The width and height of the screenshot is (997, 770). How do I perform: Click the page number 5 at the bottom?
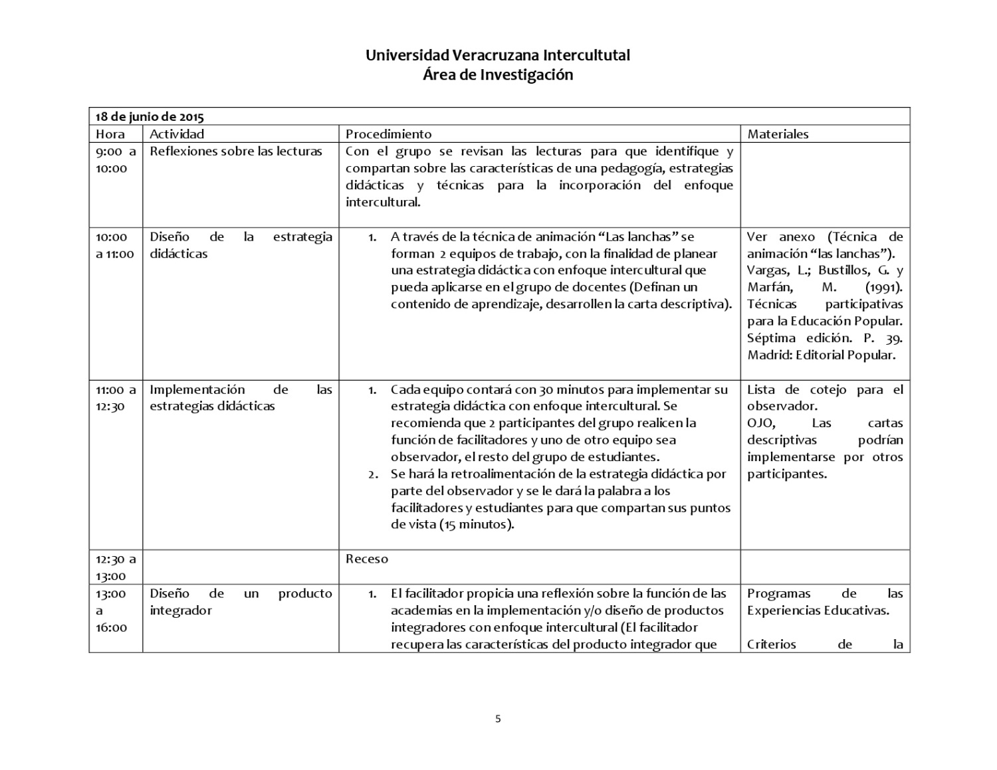pos(498,718)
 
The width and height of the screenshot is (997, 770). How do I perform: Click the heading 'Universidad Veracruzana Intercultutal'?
pos(498,55)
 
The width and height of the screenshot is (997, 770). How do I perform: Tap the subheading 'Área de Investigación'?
pos(498,75)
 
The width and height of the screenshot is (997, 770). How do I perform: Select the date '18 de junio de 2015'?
pos(150,117)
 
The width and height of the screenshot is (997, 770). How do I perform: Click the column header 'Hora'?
pos(110,134)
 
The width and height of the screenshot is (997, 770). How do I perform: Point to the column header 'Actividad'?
pos(177,134)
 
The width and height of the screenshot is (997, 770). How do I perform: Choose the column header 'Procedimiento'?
pos(388,134)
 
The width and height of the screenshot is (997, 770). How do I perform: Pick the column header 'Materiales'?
pos(778,134)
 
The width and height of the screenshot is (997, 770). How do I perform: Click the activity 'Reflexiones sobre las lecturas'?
pos(236,151)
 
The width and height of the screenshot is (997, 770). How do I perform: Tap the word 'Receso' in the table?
pos(367,559)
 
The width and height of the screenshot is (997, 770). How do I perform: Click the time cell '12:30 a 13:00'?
pos(115,567)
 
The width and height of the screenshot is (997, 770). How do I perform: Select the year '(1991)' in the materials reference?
pos(883,287)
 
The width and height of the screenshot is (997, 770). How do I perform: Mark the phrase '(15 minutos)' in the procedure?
pos(475,524)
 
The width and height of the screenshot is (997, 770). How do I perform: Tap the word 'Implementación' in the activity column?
pos(197,389)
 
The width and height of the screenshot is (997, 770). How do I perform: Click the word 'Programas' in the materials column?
pos(778,593)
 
